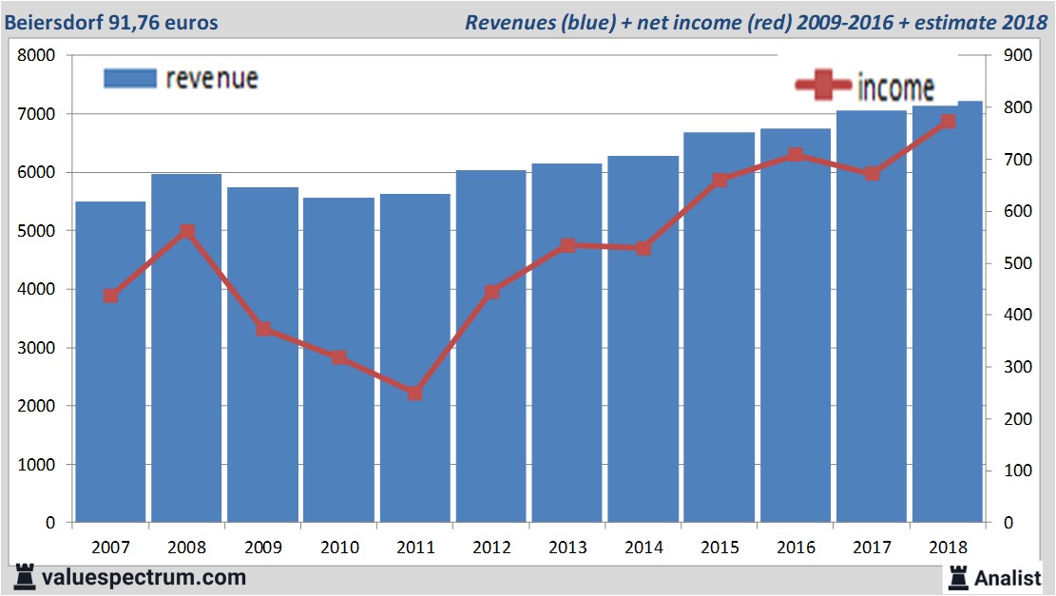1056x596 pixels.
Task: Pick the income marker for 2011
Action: click(x=414, y=393)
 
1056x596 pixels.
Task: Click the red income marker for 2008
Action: click(x=186, y=232)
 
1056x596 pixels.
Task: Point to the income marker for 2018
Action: click(x=947, y=122)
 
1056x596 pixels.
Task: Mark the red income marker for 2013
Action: click(x=567, y=245)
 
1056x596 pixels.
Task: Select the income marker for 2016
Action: click(x=795, y=155)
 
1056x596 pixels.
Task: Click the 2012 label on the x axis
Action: click(x=491, y=548)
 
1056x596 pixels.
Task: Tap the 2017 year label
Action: click(x=872, y=548)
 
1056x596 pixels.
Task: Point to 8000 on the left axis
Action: click(x=37, y=56)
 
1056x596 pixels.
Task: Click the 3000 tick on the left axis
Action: click(x=37, y=348)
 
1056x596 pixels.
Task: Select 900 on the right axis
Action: click(x=1013, y=56)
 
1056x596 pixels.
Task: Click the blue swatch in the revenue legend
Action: click(x=128, y=78)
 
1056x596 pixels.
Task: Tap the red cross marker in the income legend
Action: click(x=822, y=86)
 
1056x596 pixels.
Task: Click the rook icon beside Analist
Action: click(x=956, y=576)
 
